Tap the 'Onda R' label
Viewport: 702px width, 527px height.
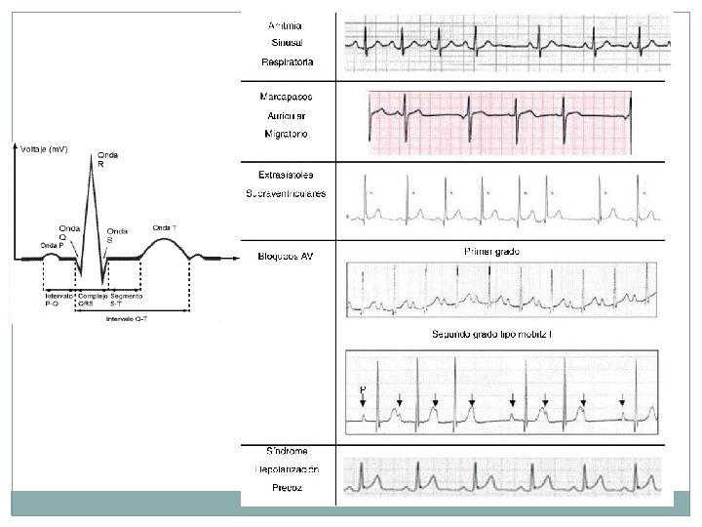coord(106,160)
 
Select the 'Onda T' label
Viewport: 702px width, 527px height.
coord(165,228)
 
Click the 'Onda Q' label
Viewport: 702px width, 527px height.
coord(69,232)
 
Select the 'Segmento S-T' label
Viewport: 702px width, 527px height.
coord(127,299)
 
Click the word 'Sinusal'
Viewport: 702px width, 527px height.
coord(287,43)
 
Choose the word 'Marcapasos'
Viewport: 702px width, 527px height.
coord(287,97)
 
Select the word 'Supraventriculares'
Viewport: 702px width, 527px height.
coord(287,193)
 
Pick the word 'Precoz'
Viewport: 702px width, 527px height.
coord(287,489)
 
